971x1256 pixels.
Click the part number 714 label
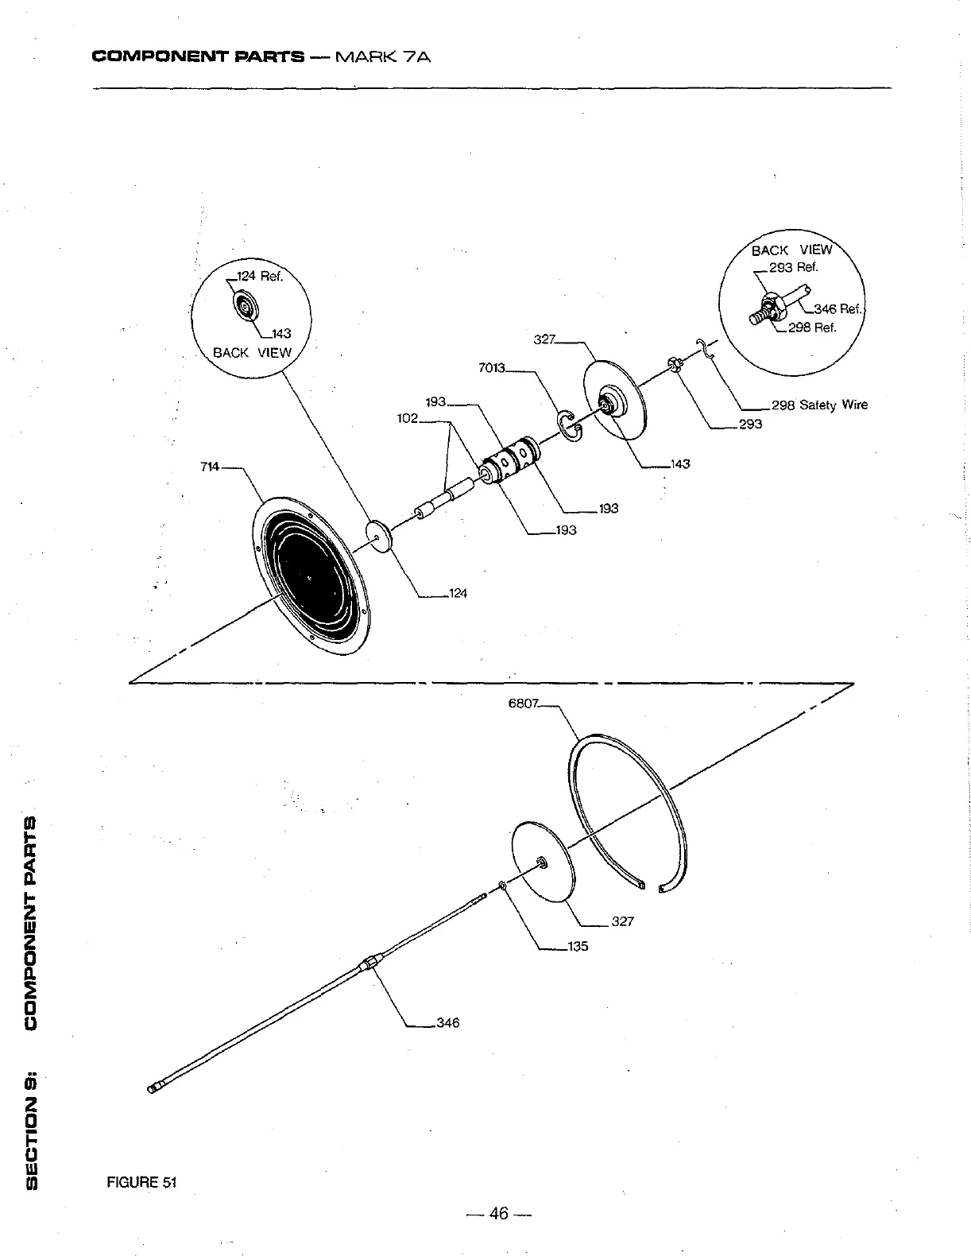[210, 467]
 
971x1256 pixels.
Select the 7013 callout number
[492, 368]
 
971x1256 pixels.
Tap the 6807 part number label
[524, 703]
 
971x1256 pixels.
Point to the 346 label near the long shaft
[447, 1023]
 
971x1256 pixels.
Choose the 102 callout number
[408, 418]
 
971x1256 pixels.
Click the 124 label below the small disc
[458, 593]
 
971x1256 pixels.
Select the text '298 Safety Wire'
[819, 405]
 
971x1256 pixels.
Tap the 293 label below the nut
[750, 424]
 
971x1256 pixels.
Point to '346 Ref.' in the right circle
[838, 309]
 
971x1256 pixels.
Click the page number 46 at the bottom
[499, 1213]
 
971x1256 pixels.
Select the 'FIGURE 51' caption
[141, 1182]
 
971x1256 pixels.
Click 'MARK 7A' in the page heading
[384, 57]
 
